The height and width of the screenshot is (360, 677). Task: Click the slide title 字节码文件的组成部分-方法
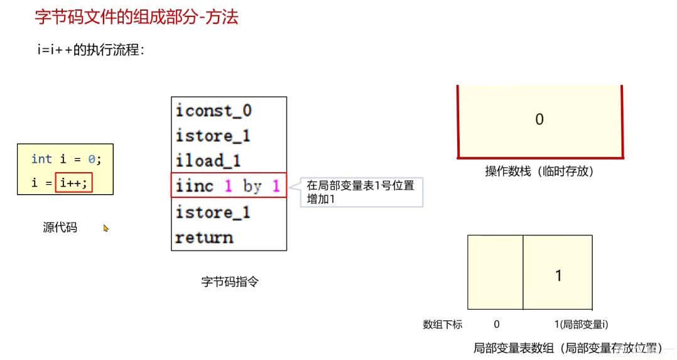(136, 17)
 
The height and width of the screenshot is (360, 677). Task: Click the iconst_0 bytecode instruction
(214, 111)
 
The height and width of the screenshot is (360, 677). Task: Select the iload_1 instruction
(208, 161)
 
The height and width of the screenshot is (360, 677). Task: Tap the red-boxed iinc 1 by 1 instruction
(228, 186)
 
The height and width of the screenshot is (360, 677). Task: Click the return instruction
(204, 238)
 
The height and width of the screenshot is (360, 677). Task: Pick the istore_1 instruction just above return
(213, 212)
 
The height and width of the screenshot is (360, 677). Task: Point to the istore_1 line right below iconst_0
(213, 136)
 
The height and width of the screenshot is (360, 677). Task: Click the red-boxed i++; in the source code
(74, 183)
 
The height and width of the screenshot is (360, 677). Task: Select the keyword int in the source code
(41, 159)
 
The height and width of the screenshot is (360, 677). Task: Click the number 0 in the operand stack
(539, 119)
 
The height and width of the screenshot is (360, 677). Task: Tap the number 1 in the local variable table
(558, 275)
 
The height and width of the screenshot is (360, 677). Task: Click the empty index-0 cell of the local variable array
(496, 273)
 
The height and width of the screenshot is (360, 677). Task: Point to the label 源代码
(60, 227)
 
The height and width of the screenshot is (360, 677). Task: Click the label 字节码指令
(230, 282)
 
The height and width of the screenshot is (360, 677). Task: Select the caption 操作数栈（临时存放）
(539, 171)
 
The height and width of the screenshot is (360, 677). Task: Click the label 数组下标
(442, 325)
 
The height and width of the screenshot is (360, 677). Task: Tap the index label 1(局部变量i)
(581, 325)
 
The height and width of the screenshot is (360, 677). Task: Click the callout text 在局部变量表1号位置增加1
(360, 192)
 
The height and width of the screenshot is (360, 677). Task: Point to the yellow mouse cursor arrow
(106, 229)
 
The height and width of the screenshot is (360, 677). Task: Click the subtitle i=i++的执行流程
(90, 50)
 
